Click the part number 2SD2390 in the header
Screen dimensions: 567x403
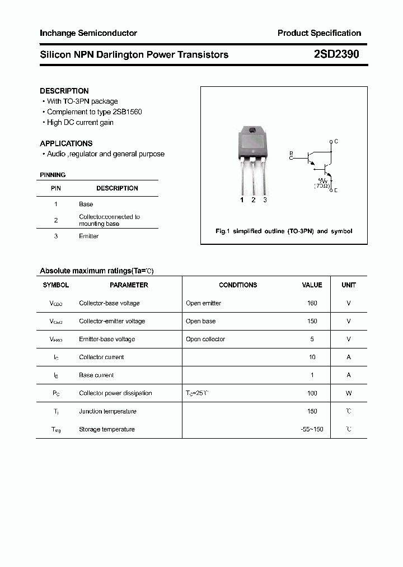click(336, 54)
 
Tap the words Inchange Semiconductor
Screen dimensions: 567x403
click(88, 33)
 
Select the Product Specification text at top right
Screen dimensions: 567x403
click(319, 33)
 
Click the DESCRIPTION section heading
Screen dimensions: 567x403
click(64, 91)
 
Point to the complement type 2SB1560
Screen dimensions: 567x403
click(123, 111)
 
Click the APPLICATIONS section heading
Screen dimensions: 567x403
click(66, 143)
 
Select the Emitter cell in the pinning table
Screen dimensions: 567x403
click(88, 236)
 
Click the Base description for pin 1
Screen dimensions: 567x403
click(86, 204)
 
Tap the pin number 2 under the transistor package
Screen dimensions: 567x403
click(253, 200)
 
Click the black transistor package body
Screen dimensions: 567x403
click(254, 143)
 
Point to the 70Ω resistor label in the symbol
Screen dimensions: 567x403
click(322, 185)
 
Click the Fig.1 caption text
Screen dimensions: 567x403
click(284, 231)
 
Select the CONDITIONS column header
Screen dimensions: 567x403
click(238, 285)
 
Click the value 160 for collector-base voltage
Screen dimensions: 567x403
click(312, 303)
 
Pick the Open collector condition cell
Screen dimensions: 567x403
click(205, 339)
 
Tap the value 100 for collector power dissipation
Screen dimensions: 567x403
click(312, 393)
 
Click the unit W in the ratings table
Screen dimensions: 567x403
click(349, 393)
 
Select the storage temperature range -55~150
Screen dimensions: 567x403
click(312, 429)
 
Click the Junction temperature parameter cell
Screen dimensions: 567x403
click(107, 411)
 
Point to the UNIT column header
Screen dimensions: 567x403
click(349, 285)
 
